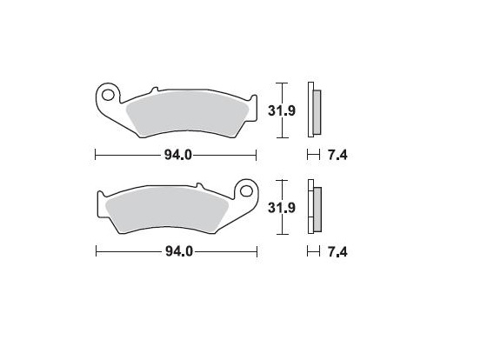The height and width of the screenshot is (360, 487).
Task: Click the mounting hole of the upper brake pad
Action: [109, 90]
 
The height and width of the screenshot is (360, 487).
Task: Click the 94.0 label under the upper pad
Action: [177, 156]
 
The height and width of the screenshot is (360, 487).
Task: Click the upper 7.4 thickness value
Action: [337, 156]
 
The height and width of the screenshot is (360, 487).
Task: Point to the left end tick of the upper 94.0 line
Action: [95, 156]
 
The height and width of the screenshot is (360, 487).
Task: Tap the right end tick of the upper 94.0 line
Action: [257, 156]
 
